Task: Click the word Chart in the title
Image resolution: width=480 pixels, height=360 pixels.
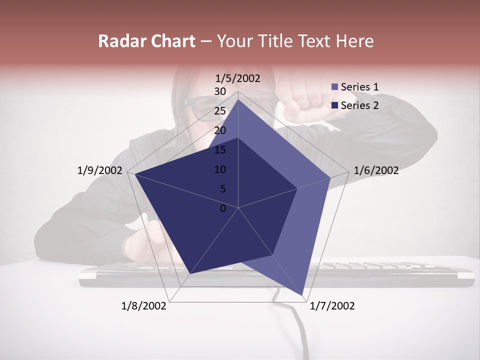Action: (x=171, y=41)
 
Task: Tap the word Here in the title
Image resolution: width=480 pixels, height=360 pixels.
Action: (x=354, y=41)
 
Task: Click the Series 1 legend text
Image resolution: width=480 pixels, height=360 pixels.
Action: (x=360, y=87)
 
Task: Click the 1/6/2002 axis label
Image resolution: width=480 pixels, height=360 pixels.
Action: (x=376, y=170)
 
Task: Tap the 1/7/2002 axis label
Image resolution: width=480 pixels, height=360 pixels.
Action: (x=332, y=305)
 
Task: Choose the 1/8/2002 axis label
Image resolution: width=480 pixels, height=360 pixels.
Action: (x=144, y=305)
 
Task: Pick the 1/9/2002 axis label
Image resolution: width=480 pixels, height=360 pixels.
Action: (x=100, y=170)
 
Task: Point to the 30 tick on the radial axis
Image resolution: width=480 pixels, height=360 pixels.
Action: (x=220, y=91)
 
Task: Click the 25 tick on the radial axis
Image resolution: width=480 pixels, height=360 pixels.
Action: (x=220, y=111)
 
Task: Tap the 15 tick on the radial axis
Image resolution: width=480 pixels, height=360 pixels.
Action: (x=220, y=150)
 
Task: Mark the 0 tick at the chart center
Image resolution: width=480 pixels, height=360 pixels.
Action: (x=223, y=208)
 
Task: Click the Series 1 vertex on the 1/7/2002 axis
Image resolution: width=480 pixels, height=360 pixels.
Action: (x=303, y=296)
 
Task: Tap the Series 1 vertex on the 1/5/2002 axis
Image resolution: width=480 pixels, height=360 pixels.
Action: (x=238, y=100)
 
